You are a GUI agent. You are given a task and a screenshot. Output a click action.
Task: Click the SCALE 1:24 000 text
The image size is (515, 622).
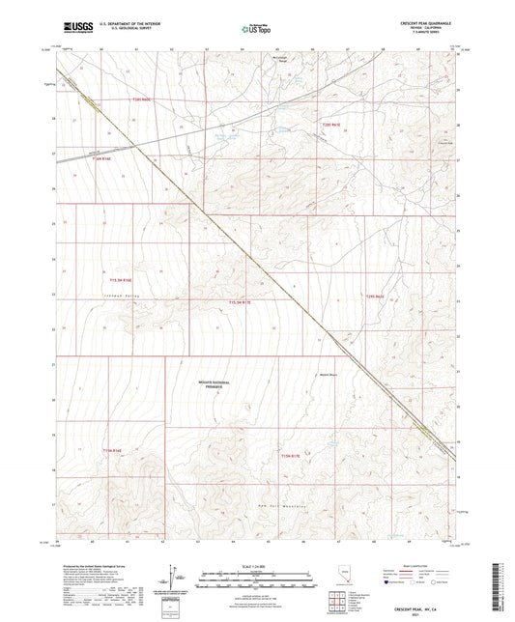click(x=256, y=566)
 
